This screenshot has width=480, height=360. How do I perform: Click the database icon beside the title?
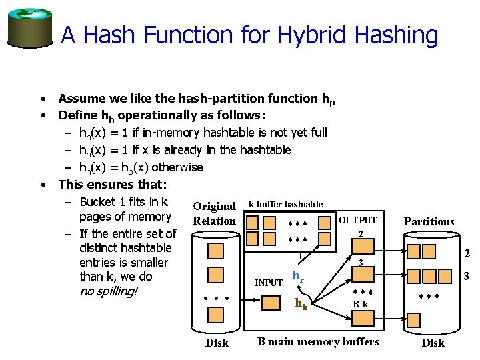click(x=29, y=28)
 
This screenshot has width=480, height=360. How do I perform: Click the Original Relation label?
click(x=214, y=213)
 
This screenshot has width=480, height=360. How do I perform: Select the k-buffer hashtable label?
click(x=285, y=204)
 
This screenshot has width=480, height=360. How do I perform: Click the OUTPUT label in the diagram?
click(x=358, y=220)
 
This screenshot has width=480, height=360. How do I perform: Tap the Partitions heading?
click(x=429, y=221)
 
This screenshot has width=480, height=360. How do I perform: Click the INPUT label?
click(x=269, y=283)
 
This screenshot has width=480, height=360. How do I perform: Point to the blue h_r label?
click(x=299, y=276)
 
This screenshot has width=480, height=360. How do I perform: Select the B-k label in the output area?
click(x=361, y=305)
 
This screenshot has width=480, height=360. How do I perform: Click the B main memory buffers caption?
click(x=318, y=342)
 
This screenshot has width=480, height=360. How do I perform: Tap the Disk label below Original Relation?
click(x=216, y=343)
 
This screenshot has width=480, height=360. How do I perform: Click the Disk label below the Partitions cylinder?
click(x=433, y=343)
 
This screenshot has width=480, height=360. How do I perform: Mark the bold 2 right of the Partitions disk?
click(x=467, y=253)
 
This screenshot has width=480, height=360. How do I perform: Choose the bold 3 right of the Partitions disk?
click(x=467, y=275)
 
